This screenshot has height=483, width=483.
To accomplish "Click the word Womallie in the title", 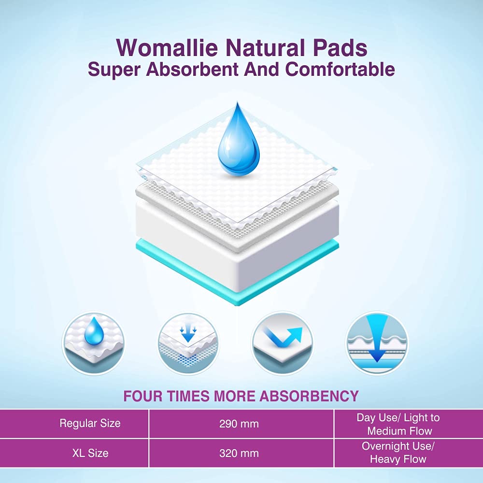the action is [x=167, y=47].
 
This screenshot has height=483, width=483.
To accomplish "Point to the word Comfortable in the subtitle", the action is [x=340, y=69].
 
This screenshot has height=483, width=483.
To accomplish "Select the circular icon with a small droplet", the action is [x=94, y=343].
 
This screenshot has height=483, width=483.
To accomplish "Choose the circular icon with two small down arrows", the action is [x=188, y=343].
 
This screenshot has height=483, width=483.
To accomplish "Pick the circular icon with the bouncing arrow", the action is [x=283, y=343].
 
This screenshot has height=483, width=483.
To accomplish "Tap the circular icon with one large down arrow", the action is [x=377, y=343].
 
